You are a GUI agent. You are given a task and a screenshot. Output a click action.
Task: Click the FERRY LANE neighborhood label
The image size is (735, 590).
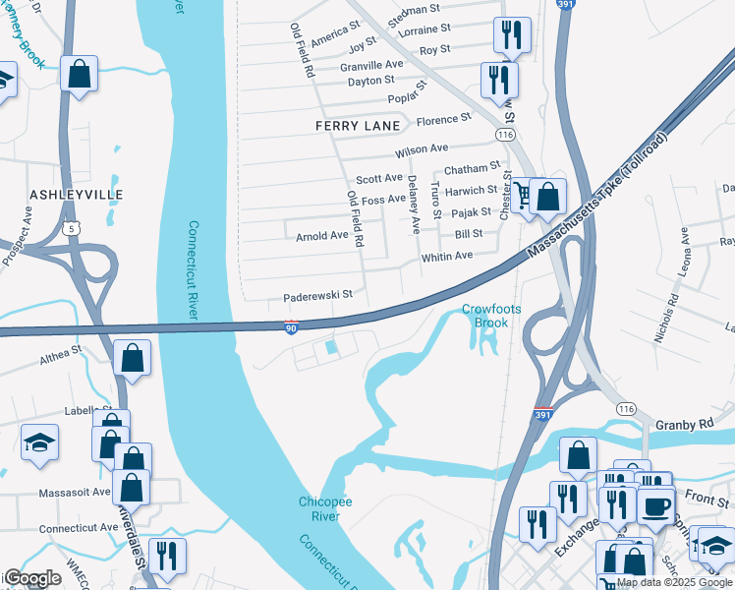click(358, 126)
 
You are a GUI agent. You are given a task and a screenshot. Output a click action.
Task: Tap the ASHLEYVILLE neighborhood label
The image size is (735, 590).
click(77, 195)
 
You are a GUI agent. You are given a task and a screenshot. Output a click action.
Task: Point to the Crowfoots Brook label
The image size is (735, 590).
click(485, 316)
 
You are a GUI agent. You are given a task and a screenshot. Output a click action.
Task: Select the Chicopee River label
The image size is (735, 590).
click(319, 509)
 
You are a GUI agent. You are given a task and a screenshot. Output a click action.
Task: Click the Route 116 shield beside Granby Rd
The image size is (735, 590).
click(624, 407)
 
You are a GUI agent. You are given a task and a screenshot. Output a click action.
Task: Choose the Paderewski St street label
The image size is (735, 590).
click(317, 294)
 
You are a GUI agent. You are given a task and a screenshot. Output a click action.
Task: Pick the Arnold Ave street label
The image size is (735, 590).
click(322, 236)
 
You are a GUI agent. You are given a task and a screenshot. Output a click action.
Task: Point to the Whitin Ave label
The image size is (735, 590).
click(447, 256)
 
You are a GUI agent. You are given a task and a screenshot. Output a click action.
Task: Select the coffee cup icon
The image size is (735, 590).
click(655, 506)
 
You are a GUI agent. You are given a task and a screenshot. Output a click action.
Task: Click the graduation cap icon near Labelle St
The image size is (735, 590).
click(39, 443)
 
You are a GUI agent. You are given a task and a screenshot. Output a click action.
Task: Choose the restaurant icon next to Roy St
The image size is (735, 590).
click(511, 36)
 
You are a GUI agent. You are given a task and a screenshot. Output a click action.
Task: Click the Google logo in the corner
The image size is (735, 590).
click(31, 578)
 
